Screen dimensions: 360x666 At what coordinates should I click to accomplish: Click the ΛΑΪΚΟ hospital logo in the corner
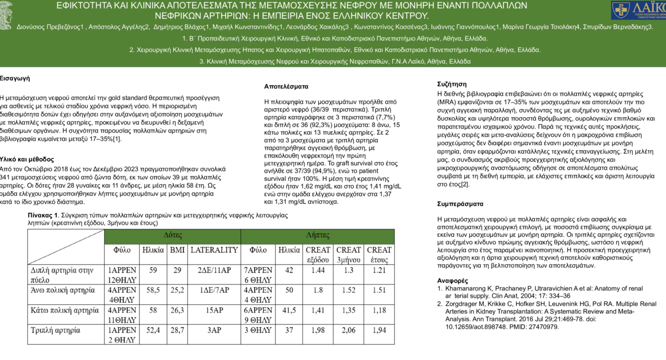[638, 10]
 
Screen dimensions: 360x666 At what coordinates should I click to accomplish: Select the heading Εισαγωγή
[15, 78]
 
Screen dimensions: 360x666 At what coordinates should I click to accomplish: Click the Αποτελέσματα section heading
[286, 86]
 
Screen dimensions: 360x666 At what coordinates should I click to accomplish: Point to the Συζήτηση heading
[452, 84]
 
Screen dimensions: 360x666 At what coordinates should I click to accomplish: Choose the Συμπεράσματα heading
[460, 204]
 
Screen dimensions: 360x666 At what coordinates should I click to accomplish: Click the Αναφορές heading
[452, 281]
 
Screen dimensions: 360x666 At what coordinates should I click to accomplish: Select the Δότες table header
[173, 236]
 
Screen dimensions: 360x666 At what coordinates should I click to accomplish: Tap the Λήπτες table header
[318, 236]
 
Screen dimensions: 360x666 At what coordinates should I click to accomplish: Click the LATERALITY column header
[214, 250]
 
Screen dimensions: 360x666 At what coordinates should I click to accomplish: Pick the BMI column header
[177, 250]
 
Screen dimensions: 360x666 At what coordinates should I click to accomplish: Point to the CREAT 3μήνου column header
[348, 254]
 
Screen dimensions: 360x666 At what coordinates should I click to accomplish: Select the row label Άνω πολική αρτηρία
[63, 290]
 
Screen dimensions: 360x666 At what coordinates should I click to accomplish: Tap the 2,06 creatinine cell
[348, 330]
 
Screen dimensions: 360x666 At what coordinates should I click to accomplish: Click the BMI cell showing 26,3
[177, 310]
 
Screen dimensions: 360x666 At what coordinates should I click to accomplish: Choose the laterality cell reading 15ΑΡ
[214, 310]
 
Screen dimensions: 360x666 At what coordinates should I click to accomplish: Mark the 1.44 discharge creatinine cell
[318, 270]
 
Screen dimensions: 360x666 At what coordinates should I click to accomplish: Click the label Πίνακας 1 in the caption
[42, 216]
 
